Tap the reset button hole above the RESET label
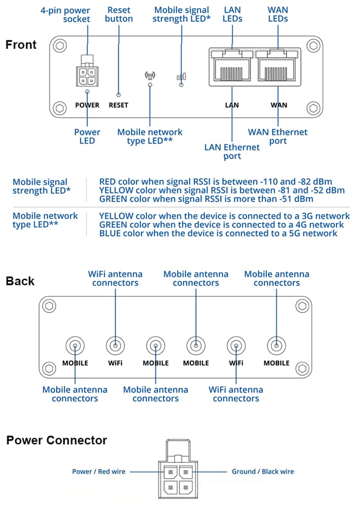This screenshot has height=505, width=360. (x=119, y=95)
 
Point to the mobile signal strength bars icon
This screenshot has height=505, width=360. (x=181, y=77)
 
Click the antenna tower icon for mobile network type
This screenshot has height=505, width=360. (x=150, y=76)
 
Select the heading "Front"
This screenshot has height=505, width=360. (x=21, y=45)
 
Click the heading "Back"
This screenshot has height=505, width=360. (x=20, y=281)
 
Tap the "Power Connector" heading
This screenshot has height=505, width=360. (x=57, y=441)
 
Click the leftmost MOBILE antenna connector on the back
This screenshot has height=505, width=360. (x=75, y=345)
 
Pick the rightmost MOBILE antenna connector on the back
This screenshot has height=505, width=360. (x=277, y=345)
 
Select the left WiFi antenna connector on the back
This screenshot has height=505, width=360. (x=115, y=345)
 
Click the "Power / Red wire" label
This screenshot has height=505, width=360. (x=98, y=471)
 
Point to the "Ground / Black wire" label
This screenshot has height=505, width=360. (x=263, y=471)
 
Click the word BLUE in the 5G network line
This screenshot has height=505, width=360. (x=110, y=233)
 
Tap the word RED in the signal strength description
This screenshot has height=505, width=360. (x=108, y=182)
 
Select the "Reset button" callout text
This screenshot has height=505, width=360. (x=119, y=14)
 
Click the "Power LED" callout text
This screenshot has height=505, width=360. (x=87, y=136)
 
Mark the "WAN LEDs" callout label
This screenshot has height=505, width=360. (x=278, y=14)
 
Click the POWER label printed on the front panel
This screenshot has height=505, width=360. (x=87, y=105)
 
